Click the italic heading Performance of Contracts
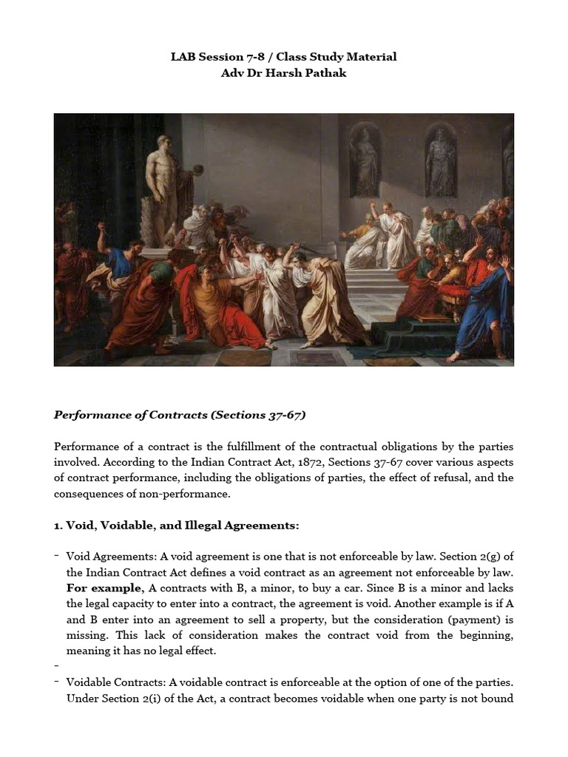tap(130, 415)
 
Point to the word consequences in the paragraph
tap(88, 493)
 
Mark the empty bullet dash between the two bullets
tap(57, 666)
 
